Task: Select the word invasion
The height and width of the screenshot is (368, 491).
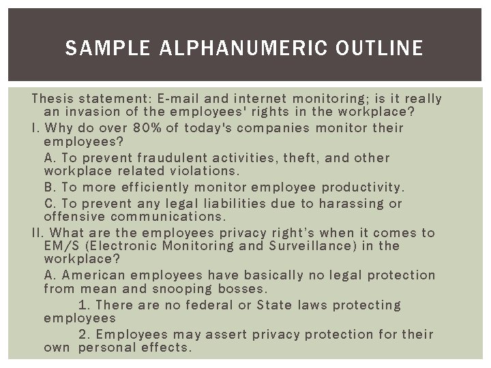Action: [x=91, y=112]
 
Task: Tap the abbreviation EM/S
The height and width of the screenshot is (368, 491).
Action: [x=61, y=246]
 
